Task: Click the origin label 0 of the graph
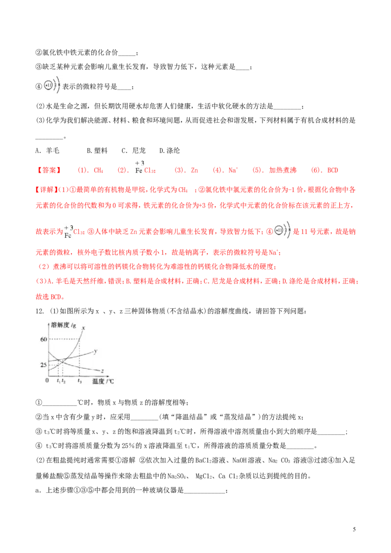(x=47, y=381)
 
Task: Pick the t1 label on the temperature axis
(x=58, y=381)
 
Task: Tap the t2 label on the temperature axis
(x=64, y=381)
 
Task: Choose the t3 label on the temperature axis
(x=80, y=381)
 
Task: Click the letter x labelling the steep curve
(x=84, y=327)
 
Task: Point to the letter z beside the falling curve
(x=101, y=370)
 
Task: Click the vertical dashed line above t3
(x=79, y=359)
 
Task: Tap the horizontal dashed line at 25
(x=54, y=364)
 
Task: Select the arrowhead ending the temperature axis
(x=115, y=376)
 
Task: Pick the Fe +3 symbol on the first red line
(x=139, y=167)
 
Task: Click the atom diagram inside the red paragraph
(x=282, y=230)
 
